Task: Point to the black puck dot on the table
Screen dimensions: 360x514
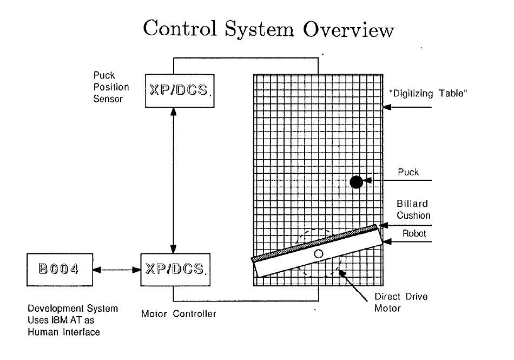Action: pyautogui.click(x=356, y=182)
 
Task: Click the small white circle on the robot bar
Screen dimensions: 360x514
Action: pyautogui.click(x=319, y=253)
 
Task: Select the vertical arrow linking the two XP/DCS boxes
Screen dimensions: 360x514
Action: pyautogui.click(x=173, y=179)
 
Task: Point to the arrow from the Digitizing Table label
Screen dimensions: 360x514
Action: pyautogui.click(x=408, y=108)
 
